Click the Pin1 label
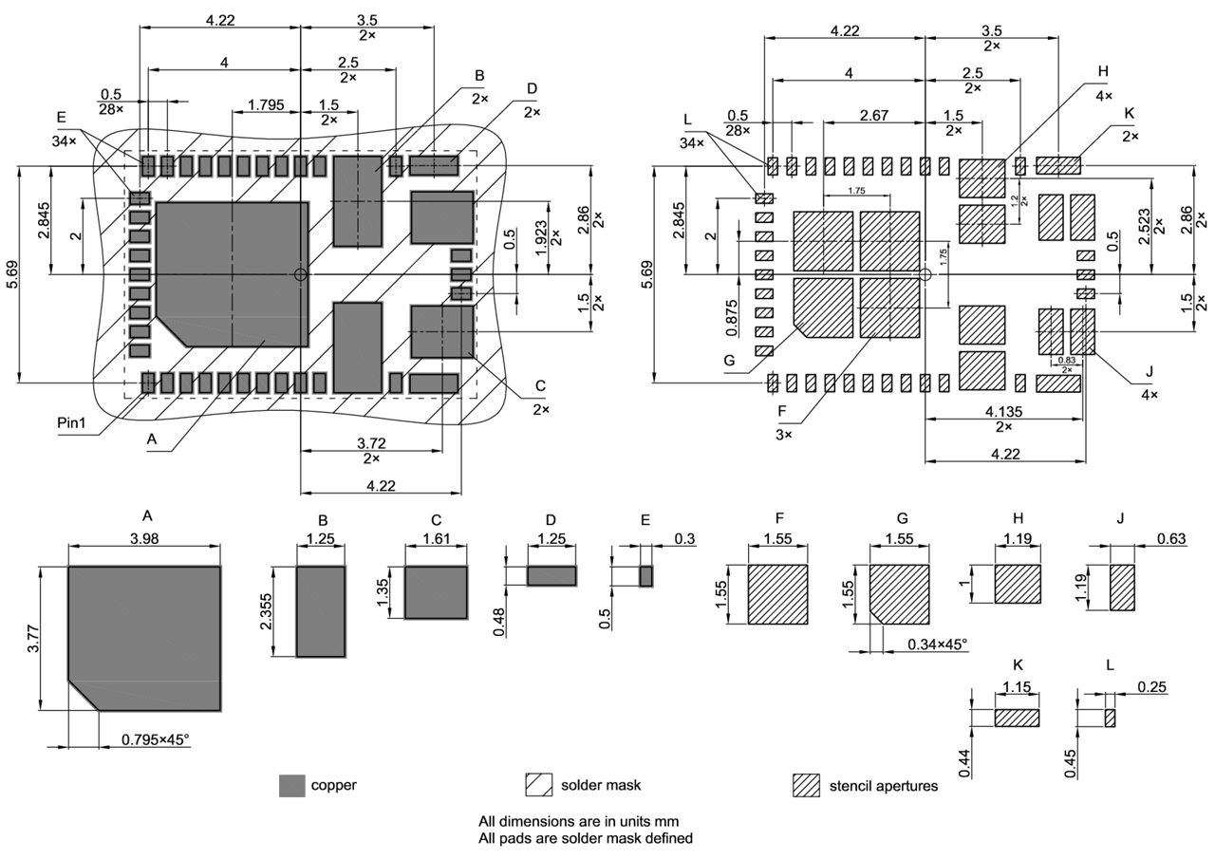click(x=71, y=423)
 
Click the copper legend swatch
click(x=292, y=786)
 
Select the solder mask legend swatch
click(x=539, y=786)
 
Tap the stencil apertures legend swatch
click(x=806, y=786)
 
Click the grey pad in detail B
click(x=321, y=612)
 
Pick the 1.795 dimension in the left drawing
click(x=266, y=104)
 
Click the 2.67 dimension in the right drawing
click(x=873, y=115)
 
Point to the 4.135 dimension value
click(x=1003, y=412)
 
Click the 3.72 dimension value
click(x=370, y=443)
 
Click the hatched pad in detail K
click(x=1018, y=719)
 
